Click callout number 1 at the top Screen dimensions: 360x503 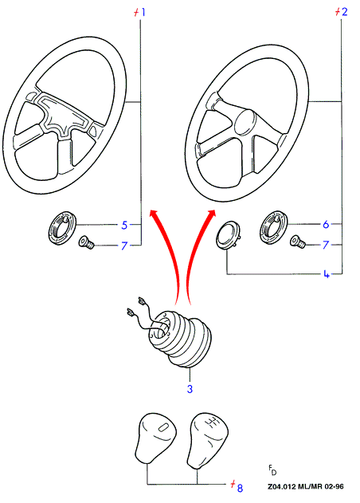coord(143,12)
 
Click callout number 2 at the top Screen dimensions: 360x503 coord(344,12)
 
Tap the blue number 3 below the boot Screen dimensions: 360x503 coord(190,389)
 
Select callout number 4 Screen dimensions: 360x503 coord(327,274)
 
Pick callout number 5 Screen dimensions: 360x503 coord(124,225)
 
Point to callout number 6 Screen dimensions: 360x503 coord(326,224)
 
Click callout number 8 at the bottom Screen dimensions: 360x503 coord(240,488)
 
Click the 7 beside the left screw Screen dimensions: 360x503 coord(124,246)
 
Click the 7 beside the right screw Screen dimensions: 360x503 coord(326,245)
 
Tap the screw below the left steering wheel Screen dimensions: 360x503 coord(86,242)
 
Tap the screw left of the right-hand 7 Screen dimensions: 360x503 coord(298,242)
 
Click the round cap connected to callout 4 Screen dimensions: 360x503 coord(229,234)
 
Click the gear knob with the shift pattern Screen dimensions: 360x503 coord(207,440)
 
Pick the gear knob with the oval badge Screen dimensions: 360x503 coord(155,438)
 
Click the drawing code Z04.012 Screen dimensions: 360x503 coord(282,486)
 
